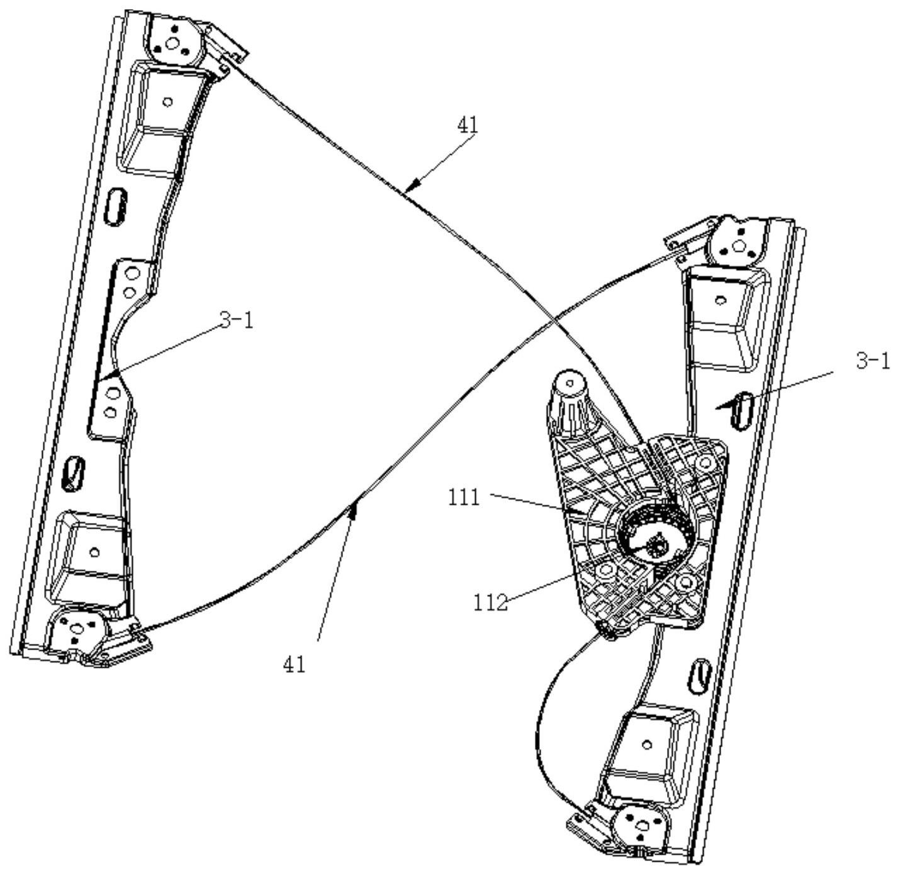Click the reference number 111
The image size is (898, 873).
[463, 498]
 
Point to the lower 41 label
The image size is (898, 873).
[295, 664]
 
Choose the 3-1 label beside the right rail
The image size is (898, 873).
[873, 361]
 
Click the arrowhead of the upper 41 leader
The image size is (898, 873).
[411, 186]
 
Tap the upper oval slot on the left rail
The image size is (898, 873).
[115, 206]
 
